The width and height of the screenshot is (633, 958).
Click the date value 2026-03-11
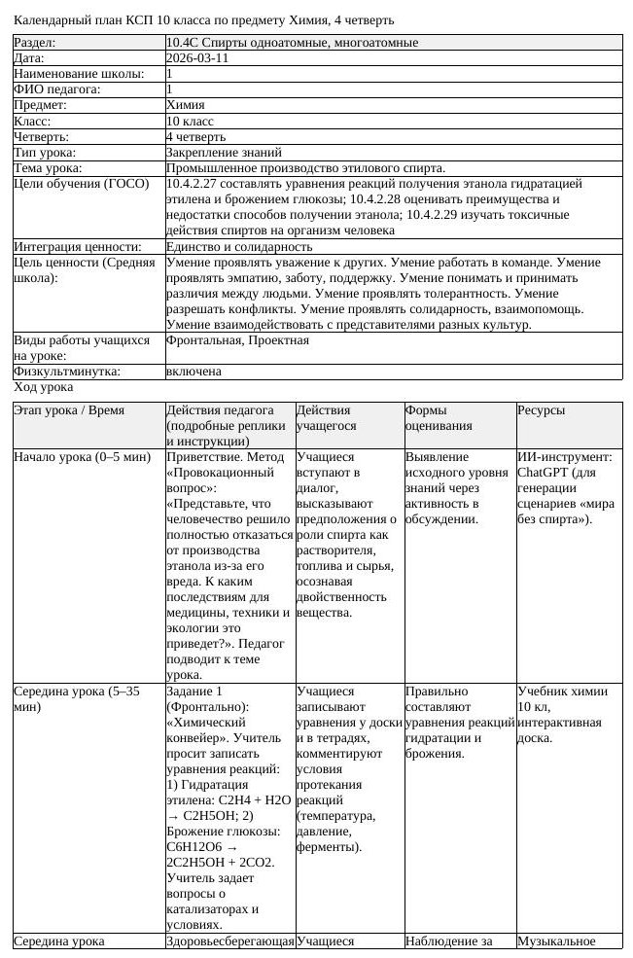(x=198, y=58)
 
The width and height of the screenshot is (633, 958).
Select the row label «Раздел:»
(x=35, y=43)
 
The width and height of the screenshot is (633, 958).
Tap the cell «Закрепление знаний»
(x=224, y=152)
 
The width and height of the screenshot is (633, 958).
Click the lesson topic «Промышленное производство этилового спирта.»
(x=305, y=167)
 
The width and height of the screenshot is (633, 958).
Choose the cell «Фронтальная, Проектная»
(x=237, y=340)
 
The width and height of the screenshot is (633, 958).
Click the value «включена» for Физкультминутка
(x=193, y=371)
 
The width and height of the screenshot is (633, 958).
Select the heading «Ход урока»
(x=43, y=386)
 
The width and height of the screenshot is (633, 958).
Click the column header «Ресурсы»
(x=541, y=410)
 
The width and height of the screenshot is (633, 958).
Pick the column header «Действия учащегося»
(x=324, y=418)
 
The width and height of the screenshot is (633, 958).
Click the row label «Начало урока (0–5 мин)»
(x=81, y=456)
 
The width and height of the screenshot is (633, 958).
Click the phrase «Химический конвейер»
(x=212, y=730)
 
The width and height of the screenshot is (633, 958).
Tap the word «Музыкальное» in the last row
(x=556, y=940)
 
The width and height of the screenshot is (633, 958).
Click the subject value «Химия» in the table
(x=186, y=105)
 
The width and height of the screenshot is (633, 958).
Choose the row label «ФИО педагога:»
(x=56, y=89)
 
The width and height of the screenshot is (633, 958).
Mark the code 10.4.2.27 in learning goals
(x=196, y=183)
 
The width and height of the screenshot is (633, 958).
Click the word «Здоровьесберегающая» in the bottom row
(x=229, y=940)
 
